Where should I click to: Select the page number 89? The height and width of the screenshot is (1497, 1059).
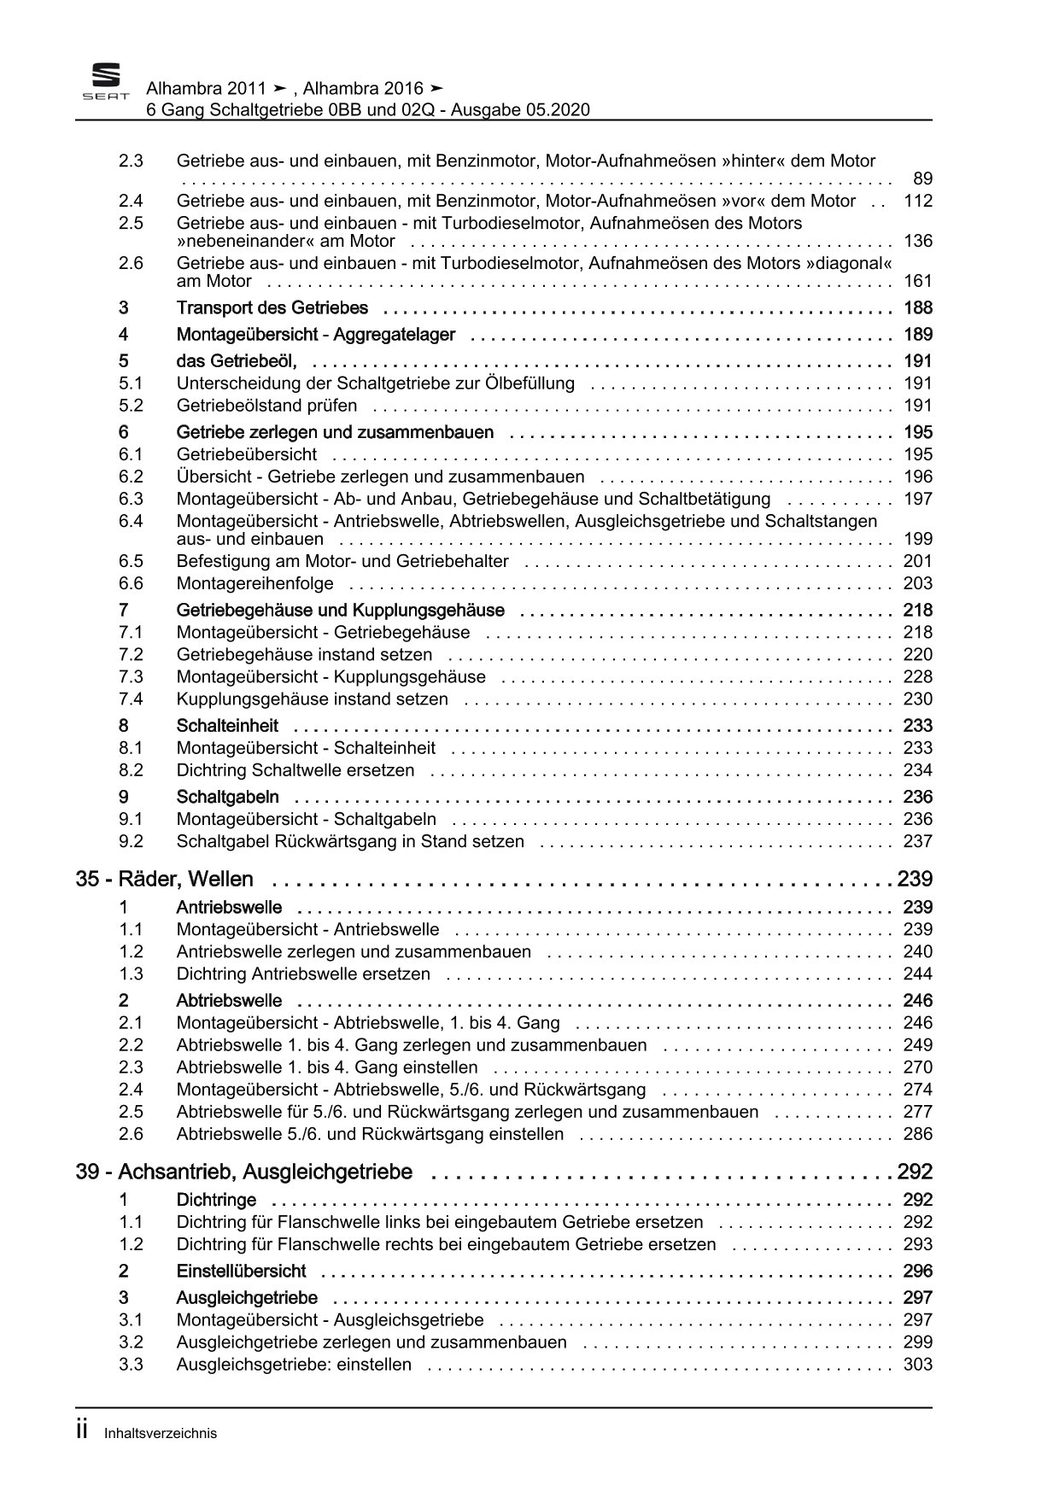click(922, 178)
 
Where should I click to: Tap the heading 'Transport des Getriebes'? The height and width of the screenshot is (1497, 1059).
click(272, 307)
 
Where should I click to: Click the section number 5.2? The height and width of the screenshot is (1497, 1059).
click(131, 406)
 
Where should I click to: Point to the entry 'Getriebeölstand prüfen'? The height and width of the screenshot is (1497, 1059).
click(266, 406)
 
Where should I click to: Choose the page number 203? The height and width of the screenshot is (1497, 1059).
click(917, 583)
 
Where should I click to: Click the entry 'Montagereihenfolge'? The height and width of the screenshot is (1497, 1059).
click(255, 583)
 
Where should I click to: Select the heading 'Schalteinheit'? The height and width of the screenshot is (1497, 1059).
click(227, 725)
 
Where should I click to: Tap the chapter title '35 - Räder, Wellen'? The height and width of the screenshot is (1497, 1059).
click(164, 879)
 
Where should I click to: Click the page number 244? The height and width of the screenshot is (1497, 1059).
click(917, 974)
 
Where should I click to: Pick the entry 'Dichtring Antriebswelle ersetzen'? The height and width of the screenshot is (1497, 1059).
click(303, 974)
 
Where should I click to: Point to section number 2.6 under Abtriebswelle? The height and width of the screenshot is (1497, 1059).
click(131, 1134)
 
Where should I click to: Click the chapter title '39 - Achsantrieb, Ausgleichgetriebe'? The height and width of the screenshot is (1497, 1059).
click(243, 1172)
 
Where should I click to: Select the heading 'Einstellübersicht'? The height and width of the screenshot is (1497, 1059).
click(241, 1271)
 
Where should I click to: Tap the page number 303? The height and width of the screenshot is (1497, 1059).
click(917, 1365)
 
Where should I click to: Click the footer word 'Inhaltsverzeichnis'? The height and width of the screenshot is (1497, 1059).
click(161, 1434)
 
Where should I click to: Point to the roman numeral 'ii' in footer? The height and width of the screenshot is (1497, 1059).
click(82, 1432)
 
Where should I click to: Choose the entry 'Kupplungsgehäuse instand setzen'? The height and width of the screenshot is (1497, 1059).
click(312, 699)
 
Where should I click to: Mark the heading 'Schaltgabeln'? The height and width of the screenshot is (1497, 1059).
click(227, 797)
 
